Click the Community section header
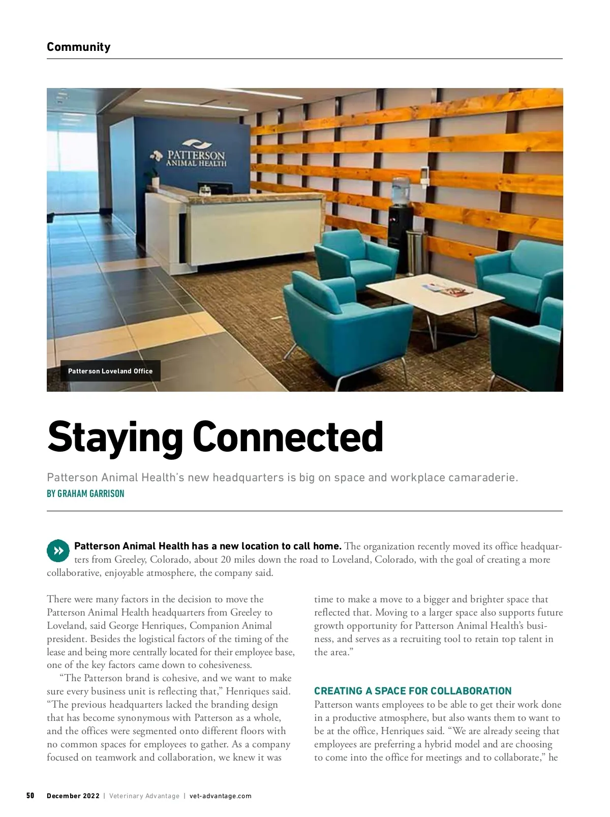pos(78,47)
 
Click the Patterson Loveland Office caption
pos(110,371)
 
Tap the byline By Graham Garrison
pos(85,493)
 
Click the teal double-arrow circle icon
pos(58,550)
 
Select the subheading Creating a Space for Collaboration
pos(413,691)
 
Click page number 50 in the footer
pos(30,796)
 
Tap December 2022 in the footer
pos(73,796)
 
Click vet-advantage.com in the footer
pos(220,796)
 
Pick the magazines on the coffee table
pos(447,290)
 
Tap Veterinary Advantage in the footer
pos(144,796)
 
